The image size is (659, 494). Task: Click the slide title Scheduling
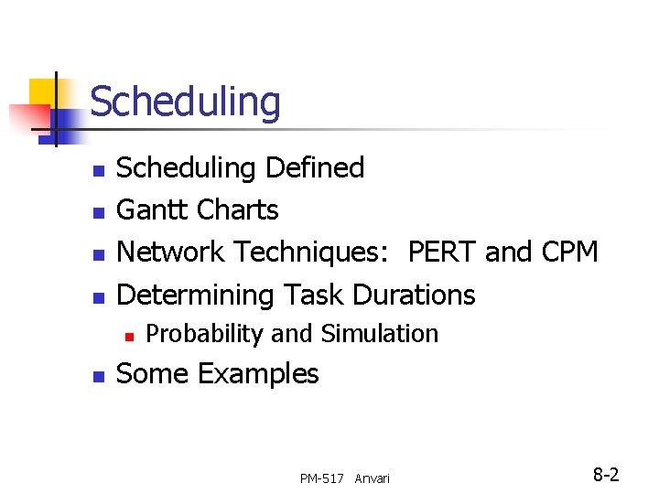(x=185, y=102)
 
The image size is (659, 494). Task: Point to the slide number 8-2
(x=606, y=475)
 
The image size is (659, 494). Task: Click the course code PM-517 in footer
(x=321, y=478)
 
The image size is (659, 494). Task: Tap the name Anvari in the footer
(x=372, y=478)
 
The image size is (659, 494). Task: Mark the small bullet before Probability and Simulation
(x=129, y=336)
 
